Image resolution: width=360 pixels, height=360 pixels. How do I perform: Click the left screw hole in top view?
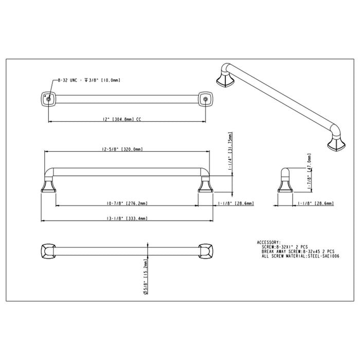(47, 98)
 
